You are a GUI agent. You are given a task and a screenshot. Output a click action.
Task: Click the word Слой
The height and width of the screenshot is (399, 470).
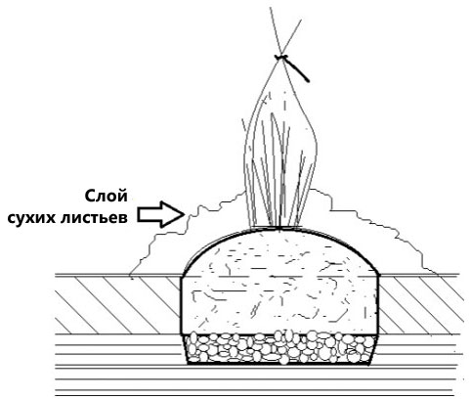click(107, 197)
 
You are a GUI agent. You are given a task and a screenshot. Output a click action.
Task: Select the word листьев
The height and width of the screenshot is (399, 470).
click(94, 217)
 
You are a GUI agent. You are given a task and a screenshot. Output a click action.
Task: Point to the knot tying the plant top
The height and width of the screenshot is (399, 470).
click(281, 58)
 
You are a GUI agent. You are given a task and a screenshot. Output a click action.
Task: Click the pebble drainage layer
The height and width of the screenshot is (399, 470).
click(280, 348)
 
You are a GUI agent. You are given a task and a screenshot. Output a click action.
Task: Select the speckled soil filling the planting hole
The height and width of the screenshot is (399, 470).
click(280, 287)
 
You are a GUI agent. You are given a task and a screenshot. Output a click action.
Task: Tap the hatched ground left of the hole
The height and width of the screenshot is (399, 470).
click(117, 305)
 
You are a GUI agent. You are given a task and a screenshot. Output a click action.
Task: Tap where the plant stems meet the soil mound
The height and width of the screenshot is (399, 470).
click(276, 227)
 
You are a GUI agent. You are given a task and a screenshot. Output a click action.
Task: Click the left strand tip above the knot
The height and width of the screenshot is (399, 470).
click(270, 8)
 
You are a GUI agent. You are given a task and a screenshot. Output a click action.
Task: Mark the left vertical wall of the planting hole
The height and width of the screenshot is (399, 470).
click(181, 305)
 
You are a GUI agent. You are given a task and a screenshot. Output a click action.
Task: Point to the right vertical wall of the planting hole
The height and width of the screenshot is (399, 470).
click(379, 305)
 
